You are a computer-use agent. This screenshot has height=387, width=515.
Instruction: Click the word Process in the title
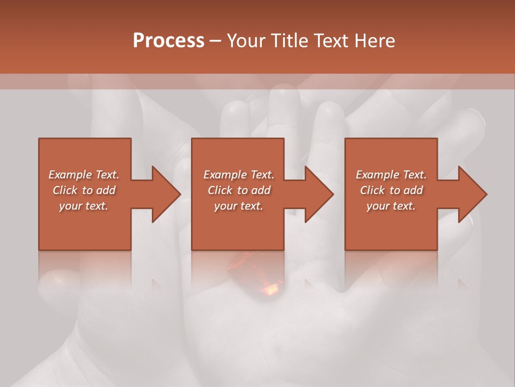(x=168, y=40)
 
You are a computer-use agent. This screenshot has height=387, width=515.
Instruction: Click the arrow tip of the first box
(x=180, y=194)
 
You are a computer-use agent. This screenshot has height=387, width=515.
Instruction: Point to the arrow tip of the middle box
(x=333, y=194)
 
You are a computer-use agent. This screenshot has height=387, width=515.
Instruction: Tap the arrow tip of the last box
(x=485, y=194)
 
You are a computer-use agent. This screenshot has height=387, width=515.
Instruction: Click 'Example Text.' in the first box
(x=84, y=175)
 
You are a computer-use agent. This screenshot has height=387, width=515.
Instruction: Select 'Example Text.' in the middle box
(x=239, y=175)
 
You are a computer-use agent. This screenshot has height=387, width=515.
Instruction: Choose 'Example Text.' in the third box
(x=391, y=175)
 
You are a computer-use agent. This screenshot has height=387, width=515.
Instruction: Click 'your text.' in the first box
(x=84, y=206)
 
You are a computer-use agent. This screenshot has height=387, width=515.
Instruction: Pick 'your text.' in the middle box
(x=239, y=206)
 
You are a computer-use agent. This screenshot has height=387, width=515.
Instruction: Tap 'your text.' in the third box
(x=391, y=206)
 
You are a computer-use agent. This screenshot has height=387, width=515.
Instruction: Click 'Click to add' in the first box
(x=84, y=190)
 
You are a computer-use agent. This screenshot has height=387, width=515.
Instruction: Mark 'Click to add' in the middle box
(x=239, y=190)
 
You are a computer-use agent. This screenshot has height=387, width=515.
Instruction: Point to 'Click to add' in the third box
(x=391, y=190)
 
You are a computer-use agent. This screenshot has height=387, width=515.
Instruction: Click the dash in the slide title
(x=215, y=41)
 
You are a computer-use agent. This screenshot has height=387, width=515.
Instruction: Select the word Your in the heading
(x=246, y=40)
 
